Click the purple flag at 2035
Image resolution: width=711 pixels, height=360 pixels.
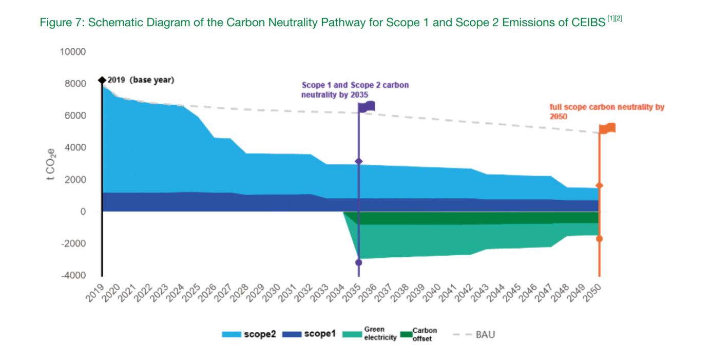point(367,106)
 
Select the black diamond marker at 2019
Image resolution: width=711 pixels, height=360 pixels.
point(102,80)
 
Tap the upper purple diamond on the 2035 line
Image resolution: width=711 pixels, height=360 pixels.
point(359,162)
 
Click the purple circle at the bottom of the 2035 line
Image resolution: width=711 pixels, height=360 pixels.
point(359,262)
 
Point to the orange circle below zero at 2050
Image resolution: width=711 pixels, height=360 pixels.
point(599,239)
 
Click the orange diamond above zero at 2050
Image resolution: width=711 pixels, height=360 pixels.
point(599,185)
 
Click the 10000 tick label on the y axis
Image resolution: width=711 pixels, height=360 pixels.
point(72,52)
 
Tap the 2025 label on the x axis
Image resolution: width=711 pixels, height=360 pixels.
point(191,294)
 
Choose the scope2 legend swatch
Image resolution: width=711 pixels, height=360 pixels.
point(231,334)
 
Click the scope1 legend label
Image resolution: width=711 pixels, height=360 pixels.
point(320,334)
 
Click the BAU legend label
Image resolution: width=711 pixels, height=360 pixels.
point(485,335)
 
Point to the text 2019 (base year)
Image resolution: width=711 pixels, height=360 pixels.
point(141,80)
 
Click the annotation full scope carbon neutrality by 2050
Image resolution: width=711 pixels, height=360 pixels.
point(607,111)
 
